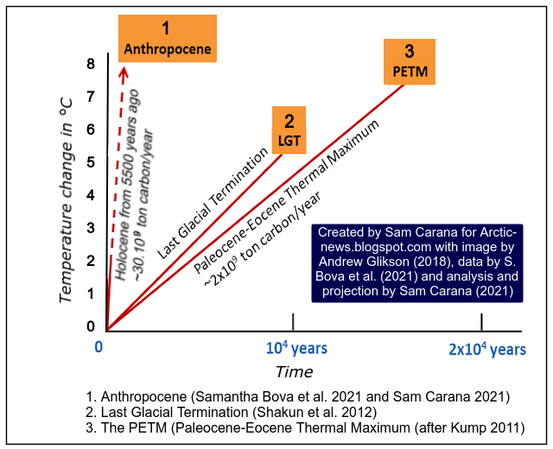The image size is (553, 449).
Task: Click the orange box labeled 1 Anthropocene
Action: (x=165, y=40)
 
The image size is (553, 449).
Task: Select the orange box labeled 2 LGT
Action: (x=289, y=130)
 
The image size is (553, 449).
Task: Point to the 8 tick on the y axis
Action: (x=90, y=64)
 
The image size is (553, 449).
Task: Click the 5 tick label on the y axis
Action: (x=90, y=161)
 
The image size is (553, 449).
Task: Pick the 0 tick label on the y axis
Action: (x=90, y=326)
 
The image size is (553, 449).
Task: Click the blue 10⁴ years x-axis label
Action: (x=294, y=348)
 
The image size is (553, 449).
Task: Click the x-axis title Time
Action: (x=294, y=372)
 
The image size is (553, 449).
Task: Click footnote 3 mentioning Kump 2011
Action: (x=305, y=427)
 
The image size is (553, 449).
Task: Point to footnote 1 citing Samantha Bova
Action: (x=298, y=396)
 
